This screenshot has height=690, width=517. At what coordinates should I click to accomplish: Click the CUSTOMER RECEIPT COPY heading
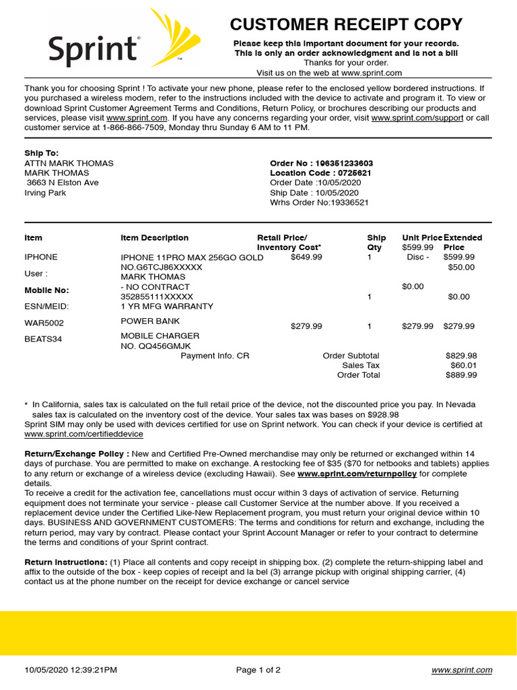[x=346, y=25]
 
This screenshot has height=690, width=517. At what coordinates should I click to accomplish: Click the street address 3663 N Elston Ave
[x=63, y=183]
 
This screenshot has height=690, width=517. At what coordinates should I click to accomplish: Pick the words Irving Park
[x=45, y=193]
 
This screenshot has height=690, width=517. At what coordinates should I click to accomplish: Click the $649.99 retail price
[x=306, y=257]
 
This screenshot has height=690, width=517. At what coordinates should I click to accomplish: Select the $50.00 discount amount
[x=461, y=267]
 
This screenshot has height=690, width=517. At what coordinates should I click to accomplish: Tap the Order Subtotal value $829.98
[x=461, y=356]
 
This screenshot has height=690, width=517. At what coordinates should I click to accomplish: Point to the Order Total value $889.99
[x=461, y=375]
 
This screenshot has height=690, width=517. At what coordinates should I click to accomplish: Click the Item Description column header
[x=154, y=238]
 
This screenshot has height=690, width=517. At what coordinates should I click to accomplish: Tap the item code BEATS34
[x=43, y=339]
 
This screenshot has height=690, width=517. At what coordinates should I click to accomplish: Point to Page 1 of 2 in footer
[x=258, y=670]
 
